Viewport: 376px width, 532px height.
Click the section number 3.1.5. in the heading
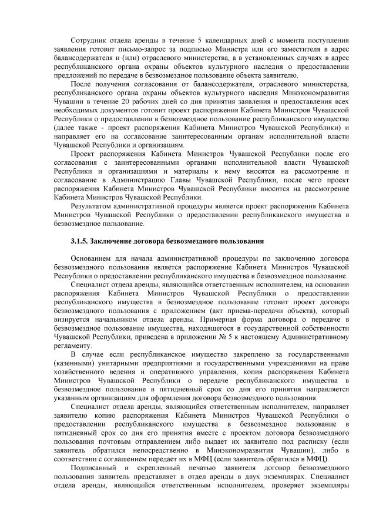pyautogui.click(x=81, y=241)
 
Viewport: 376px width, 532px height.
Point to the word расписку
pyautogui.click(x=298, y=441)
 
